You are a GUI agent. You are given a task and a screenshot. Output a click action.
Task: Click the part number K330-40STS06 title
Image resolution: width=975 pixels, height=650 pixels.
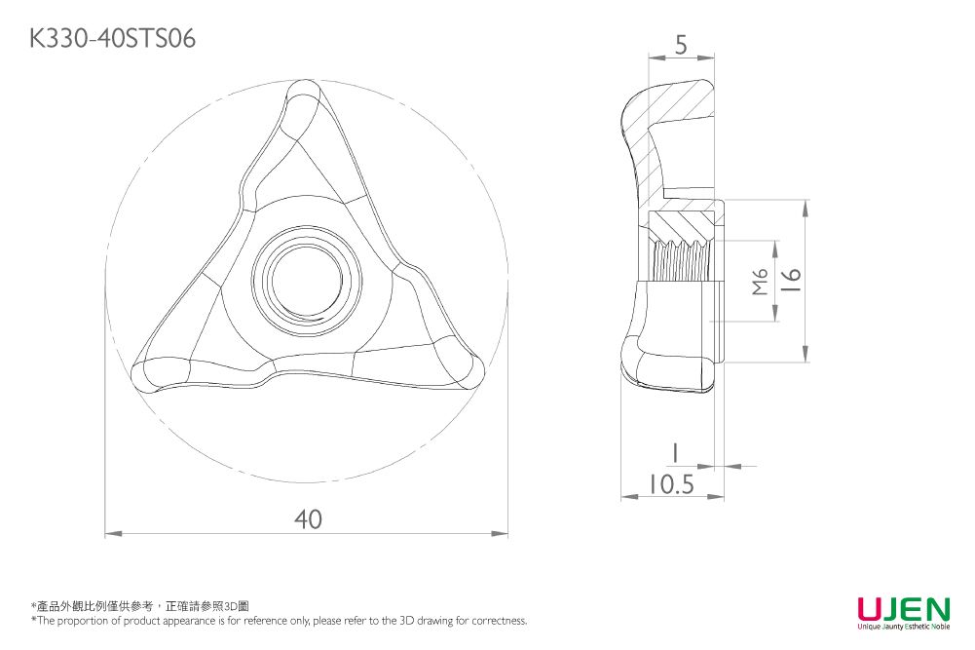tap(113, 38)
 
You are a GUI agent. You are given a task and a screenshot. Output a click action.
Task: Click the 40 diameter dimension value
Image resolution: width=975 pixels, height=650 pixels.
tap(308, 519)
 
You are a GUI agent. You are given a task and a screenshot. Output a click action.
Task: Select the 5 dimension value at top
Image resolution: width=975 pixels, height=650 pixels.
tap(681, 44)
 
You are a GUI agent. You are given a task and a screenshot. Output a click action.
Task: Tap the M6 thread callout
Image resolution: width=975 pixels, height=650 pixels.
tap(761, 282)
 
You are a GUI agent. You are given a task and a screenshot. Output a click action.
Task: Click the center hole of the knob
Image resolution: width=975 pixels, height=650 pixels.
tap(308, 281)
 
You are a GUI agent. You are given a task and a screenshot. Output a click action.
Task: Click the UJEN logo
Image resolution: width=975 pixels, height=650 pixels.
tap(903, 610)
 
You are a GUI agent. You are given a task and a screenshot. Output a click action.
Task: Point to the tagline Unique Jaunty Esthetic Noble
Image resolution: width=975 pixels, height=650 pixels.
tap(903, 627)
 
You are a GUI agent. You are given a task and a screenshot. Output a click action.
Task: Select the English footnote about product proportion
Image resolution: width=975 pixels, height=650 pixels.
tap(279, 621)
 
